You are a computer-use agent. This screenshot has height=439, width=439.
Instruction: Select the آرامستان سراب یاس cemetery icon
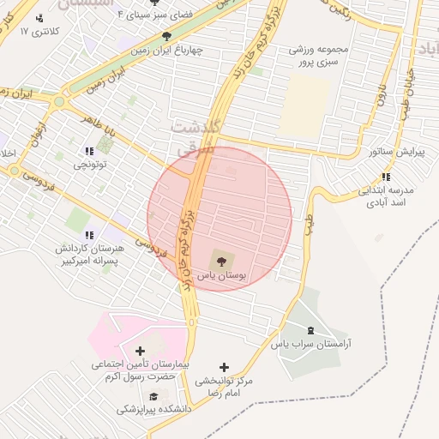point(310,331)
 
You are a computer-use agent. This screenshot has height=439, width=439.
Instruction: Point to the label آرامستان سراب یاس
point(312,344)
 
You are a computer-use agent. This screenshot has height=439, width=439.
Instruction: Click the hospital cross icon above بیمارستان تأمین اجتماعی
point(141,351)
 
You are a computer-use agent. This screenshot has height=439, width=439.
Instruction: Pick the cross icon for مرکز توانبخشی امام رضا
point(225,367)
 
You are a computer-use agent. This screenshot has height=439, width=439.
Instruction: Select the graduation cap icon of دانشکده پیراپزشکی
point(153,396)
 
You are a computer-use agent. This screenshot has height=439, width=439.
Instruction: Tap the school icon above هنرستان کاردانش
point(88,235)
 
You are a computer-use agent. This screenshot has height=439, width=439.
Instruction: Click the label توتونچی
point(89,164)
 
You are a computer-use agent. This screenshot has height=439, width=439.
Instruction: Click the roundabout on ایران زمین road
point(58,102)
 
